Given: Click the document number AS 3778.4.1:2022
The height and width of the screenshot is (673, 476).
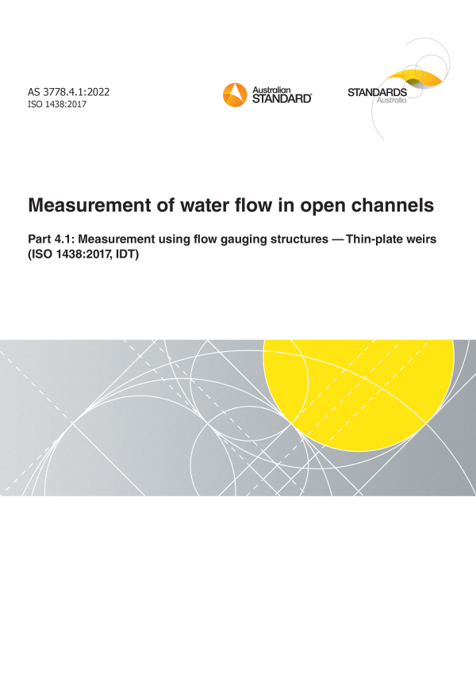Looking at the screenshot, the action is coord(69,92).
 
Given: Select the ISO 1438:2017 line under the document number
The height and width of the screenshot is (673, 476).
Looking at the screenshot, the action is coord(57,105).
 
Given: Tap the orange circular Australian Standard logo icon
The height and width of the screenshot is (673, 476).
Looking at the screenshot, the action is coord(235,95).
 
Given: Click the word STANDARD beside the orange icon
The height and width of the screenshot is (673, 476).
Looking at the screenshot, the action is coord(282,99).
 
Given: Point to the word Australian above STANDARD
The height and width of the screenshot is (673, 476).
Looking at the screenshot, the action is coord(271,90).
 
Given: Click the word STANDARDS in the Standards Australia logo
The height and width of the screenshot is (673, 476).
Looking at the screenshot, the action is coord(377,92).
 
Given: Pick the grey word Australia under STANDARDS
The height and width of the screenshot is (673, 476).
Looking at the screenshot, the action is coord(391,101).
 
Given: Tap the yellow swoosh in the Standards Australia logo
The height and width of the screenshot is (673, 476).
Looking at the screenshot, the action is coord(411,78).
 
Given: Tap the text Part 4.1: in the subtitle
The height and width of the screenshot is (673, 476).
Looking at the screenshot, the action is coord(51,239).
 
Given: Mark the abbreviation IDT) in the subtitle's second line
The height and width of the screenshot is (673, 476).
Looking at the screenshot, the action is coord(127,254).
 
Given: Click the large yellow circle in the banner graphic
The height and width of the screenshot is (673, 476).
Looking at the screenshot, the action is coord(359,395).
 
